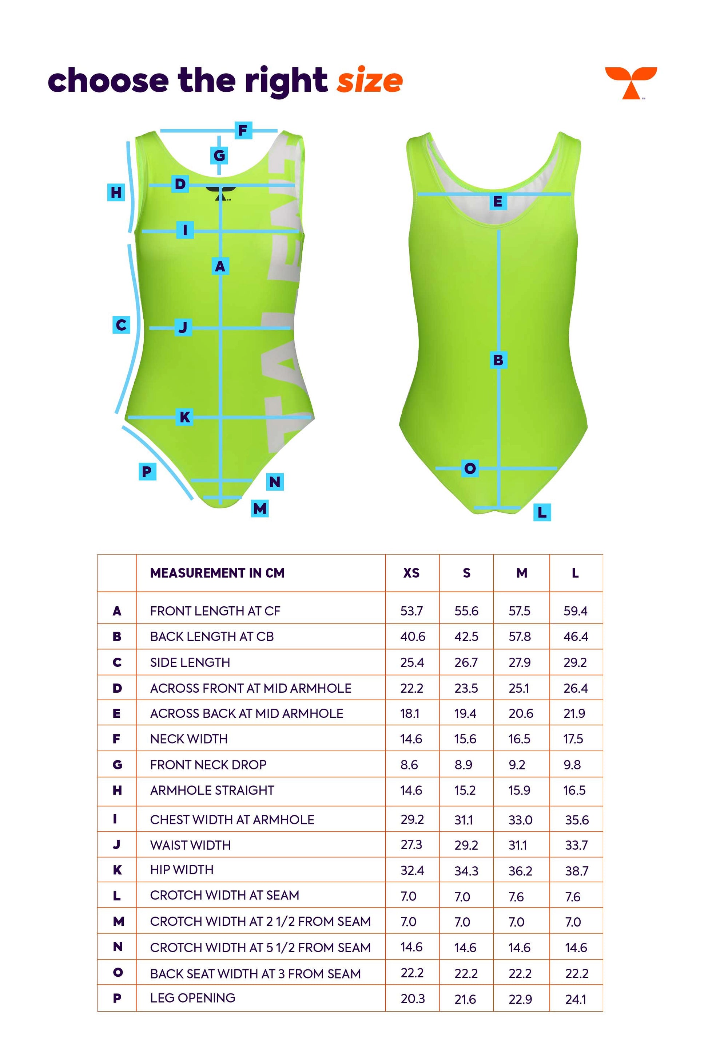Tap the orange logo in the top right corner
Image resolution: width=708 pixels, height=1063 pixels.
pos(631,83)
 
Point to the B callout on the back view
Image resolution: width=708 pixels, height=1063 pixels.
pos(498,360)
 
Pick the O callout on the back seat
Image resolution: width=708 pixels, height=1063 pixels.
pos(470,468)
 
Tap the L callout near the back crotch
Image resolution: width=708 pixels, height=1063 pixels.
pos(542,512)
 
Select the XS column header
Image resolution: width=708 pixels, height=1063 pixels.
pos(411,573)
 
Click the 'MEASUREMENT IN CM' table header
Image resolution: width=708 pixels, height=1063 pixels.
pos(217,573)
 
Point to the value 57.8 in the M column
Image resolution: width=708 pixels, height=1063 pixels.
pos(520,636)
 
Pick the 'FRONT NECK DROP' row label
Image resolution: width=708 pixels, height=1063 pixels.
pos(208,765)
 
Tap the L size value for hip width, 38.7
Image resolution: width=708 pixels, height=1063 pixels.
pos(577,871)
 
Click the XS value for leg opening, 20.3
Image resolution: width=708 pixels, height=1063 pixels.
pos(413,999)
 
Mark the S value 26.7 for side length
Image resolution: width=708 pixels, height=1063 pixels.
pos(466,662)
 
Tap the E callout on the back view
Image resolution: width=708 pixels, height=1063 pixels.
pos(498,201)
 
